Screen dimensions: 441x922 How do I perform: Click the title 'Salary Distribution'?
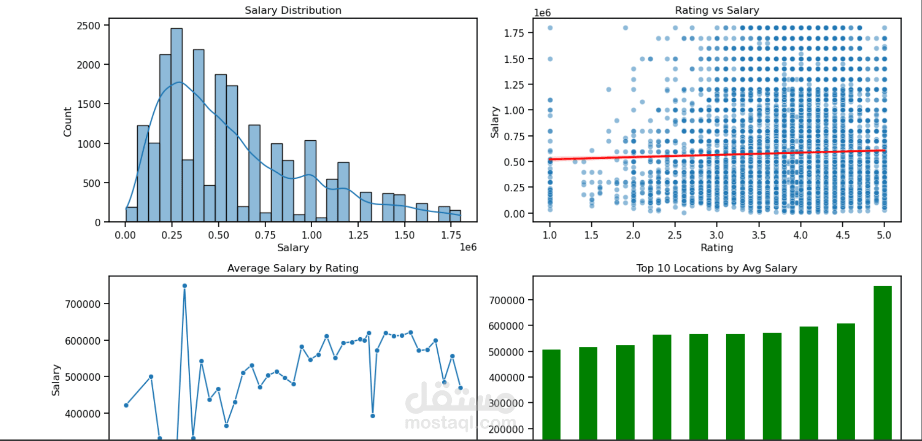(292, 10)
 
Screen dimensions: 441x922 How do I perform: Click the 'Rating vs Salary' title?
(717, 10)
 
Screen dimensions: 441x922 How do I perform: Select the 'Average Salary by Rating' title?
(292, 268)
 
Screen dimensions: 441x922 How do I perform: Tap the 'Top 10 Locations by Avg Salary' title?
(717, 268)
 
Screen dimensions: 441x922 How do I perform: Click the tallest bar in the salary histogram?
(176, 127)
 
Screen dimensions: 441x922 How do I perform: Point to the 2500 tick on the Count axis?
(89, 25)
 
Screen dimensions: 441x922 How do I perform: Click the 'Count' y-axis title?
(67, 122)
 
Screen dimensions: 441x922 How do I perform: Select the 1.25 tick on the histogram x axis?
(358, 235)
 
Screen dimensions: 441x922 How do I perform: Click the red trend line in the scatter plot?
(717, 154)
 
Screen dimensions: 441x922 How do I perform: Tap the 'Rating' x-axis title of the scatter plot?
(717, 248)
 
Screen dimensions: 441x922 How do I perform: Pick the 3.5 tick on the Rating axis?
(758, 235)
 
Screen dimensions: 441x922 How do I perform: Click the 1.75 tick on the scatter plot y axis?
(514, 33)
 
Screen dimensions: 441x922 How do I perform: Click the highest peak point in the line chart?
(185, 286)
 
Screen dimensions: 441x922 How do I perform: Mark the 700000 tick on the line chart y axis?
(82, 304)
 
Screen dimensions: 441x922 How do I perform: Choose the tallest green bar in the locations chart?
(883, 362)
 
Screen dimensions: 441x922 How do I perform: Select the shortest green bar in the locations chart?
(551, 395)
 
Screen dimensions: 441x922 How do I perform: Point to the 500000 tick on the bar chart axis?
(506, 352)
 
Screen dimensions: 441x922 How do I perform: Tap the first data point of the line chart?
(126, 405)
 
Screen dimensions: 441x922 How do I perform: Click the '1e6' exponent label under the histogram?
(468, 247)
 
